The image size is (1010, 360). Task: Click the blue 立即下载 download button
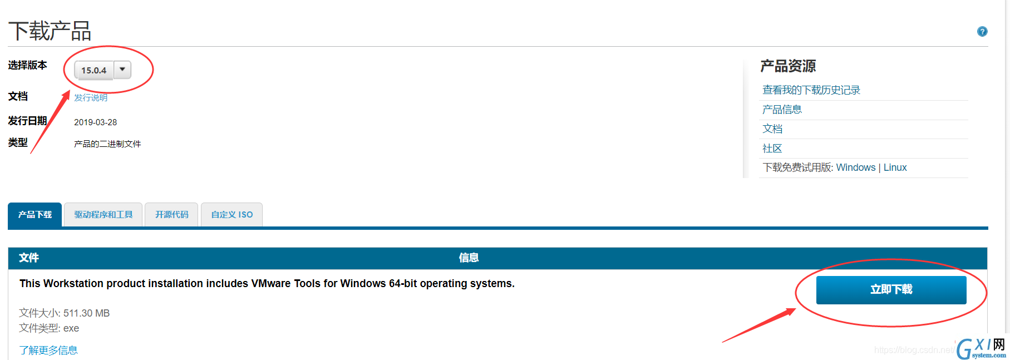pyautogui.click(x=891, y=289)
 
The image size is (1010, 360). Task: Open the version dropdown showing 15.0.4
pyautogui.click(x=102, y=70)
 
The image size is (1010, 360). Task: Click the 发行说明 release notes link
pyautogui.click(x=91, y=97)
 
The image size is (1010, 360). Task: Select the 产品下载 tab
pyautogui.click(x=35, y=215)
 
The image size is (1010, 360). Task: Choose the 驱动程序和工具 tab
pyautogui.click(x=104, y=215)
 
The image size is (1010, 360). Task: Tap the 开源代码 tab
pyautogui.click(x=171, y=215)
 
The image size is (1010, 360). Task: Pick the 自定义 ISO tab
pyautogui.click(x=231, y=215)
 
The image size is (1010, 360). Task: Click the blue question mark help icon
pyautogui.click(x=982, y=32)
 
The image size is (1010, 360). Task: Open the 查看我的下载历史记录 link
pyautogui.click(x=811, y=90)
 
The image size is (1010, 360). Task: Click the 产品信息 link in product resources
pyautogui.click(x=782, y=110)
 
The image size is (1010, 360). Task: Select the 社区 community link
pyautogui.click(x=772, y=149)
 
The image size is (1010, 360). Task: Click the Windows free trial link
pyautogui.click(x=855, y=167)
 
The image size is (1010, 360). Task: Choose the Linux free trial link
pyautogui.click(x=895, y=167)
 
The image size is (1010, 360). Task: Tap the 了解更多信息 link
pyautogui.click(x=48, y=350)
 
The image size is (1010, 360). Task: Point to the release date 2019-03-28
pyautogui.click(x=95, y=122)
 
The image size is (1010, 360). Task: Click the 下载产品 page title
pyautogui.click(x=50, y=31)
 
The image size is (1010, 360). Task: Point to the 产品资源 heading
pyautogui.click(x=788, y=66)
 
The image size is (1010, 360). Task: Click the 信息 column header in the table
pyautogui.click(x=469, y=258)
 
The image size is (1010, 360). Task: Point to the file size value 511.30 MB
pyautogui.click(x=86, y=313)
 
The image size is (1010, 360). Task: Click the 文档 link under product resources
pyautogui.click(x=772, y=129)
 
